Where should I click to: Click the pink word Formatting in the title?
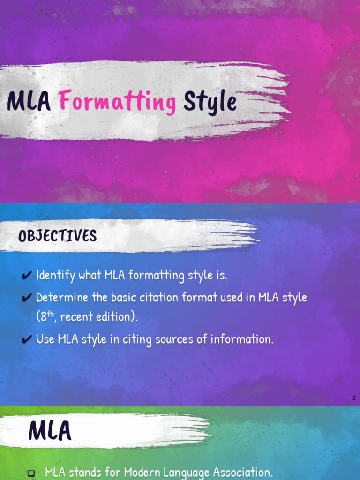point(118,102)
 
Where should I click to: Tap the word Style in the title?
point(210,102)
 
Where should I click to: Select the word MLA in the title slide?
point(29,102)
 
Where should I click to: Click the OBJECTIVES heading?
point(57,236)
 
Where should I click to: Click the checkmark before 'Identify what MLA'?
point(27,276)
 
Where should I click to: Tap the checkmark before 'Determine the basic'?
point(27,298)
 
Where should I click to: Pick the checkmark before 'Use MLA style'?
point(27,339)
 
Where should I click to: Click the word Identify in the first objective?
point(56,276)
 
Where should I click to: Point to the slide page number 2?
point(354,398)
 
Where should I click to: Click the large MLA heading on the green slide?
point(50,431)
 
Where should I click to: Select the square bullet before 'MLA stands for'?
point(31,473)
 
